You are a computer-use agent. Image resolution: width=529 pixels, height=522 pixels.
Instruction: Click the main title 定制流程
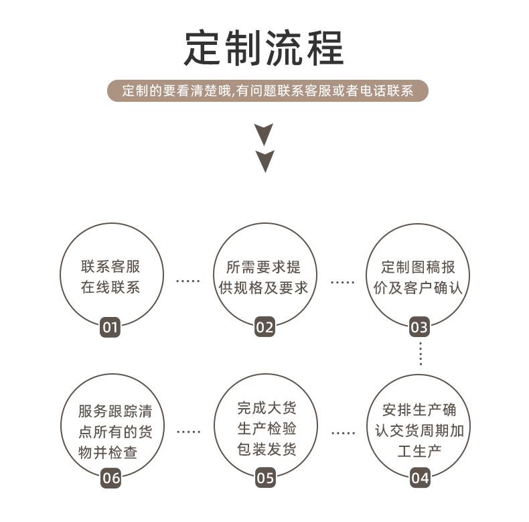tap(264, 48)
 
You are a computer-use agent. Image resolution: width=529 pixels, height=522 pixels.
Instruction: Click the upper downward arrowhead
tap(265, 133)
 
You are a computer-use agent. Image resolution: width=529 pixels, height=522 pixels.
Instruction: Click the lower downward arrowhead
tap(265, 161)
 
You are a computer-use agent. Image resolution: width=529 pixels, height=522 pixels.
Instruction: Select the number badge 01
tap(110, 328)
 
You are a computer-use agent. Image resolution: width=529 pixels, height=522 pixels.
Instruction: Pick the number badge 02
tap(265, 328)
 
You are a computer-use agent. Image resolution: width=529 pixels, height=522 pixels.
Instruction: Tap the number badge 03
tap(419, 328)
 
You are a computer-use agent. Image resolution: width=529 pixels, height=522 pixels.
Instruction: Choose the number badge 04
tap(420, 478)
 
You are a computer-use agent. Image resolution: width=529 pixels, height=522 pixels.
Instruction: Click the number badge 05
tap(265, 478)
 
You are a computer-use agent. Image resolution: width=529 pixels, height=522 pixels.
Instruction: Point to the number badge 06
tap(110, 478)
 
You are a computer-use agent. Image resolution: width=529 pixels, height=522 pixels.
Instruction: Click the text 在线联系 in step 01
tap(110, 288)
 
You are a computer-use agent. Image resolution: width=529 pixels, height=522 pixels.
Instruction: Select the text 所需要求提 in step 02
tap(264, 267)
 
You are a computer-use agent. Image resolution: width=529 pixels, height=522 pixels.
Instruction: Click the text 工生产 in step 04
tap(419, 452)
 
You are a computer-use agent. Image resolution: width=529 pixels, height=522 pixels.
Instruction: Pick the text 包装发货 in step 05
tap(266, 450)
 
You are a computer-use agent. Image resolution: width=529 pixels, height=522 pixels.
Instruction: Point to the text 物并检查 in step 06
tap(108, 452)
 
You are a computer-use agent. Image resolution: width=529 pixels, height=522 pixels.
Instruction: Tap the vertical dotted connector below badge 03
tap(420, 353)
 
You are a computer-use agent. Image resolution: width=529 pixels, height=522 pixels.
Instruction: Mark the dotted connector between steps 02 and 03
tap(342, 282)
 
